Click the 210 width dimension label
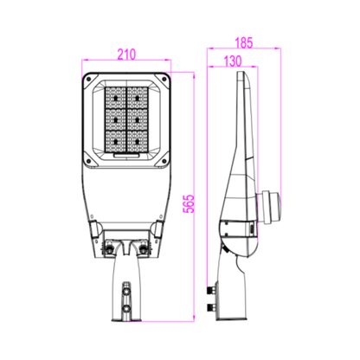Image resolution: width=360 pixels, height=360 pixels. pos(125,55)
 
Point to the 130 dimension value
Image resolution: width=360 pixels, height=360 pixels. pos(231,61)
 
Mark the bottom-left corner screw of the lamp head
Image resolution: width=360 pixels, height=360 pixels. pos(90,161)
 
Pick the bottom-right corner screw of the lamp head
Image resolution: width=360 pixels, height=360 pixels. pos(162,161)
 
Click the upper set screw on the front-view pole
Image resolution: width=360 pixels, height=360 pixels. pos(126,286)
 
